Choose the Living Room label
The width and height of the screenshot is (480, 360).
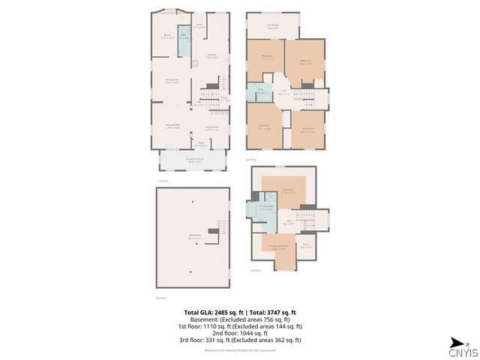click(211, 127)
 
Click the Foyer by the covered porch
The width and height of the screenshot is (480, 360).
click(201, 144)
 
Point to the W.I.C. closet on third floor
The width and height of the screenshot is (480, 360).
click(305, 244)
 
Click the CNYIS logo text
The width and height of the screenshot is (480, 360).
click(460, 352)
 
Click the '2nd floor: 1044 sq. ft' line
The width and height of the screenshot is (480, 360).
click(240, 332)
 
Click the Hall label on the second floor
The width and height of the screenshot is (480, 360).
click(282, 94)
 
